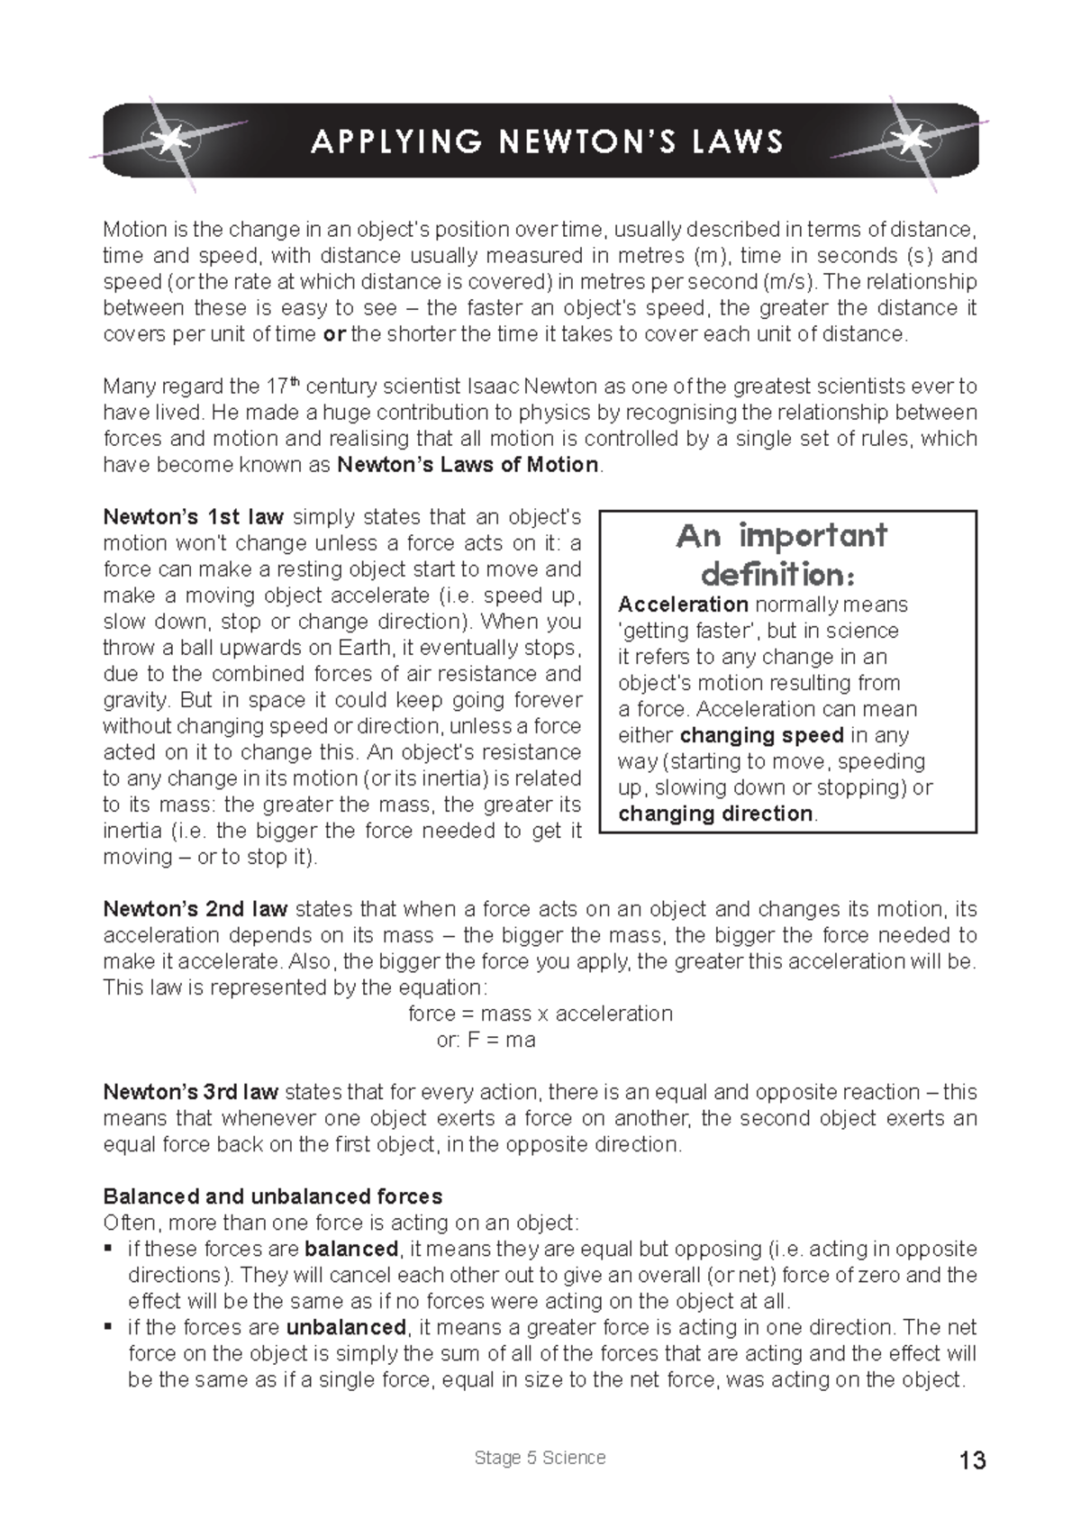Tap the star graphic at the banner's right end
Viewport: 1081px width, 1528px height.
pyautogui.click(x=911, y=140)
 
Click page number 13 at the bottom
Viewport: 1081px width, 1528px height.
pyautogui.click(x=973, y=1460)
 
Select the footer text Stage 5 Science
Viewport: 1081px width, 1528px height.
pyautogui.click(x=540, y=1458)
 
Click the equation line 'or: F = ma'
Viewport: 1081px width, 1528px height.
pyautogui.click(x=486, y=1040)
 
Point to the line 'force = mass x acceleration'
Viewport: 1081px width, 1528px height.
pyautogui.click(x=540, y=1014)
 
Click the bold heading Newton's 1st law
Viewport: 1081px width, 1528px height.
pyautogui.click(x=194, y=517)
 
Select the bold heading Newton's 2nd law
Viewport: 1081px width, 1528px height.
pyautogui.click(x=195, y=909)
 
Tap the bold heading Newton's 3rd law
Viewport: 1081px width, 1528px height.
pyautogui.click(x=190, y=1092)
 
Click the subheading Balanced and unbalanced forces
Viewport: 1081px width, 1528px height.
pyautogui.click(x=272, y=1196)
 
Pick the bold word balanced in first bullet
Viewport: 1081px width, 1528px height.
pyautogui.click(x=351, y=1249)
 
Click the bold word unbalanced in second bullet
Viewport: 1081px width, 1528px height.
pyautogui.click(x=346, y=1327)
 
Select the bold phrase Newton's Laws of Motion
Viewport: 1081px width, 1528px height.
pyautogui.click(x=467, y=465)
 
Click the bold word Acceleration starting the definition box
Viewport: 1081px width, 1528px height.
pyautogui.click(x=683, y=605)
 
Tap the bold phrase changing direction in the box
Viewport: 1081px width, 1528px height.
pyautogui.click(x=715, y=814)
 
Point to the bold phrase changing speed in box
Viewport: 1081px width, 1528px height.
pyautogui.click(x=761, y=735)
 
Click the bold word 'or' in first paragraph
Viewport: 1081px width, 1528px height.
pyautogui.click(x=333, y=334)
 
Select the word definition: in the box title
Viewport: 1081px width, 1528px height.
pyautogui.click(x=777, y=574)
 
